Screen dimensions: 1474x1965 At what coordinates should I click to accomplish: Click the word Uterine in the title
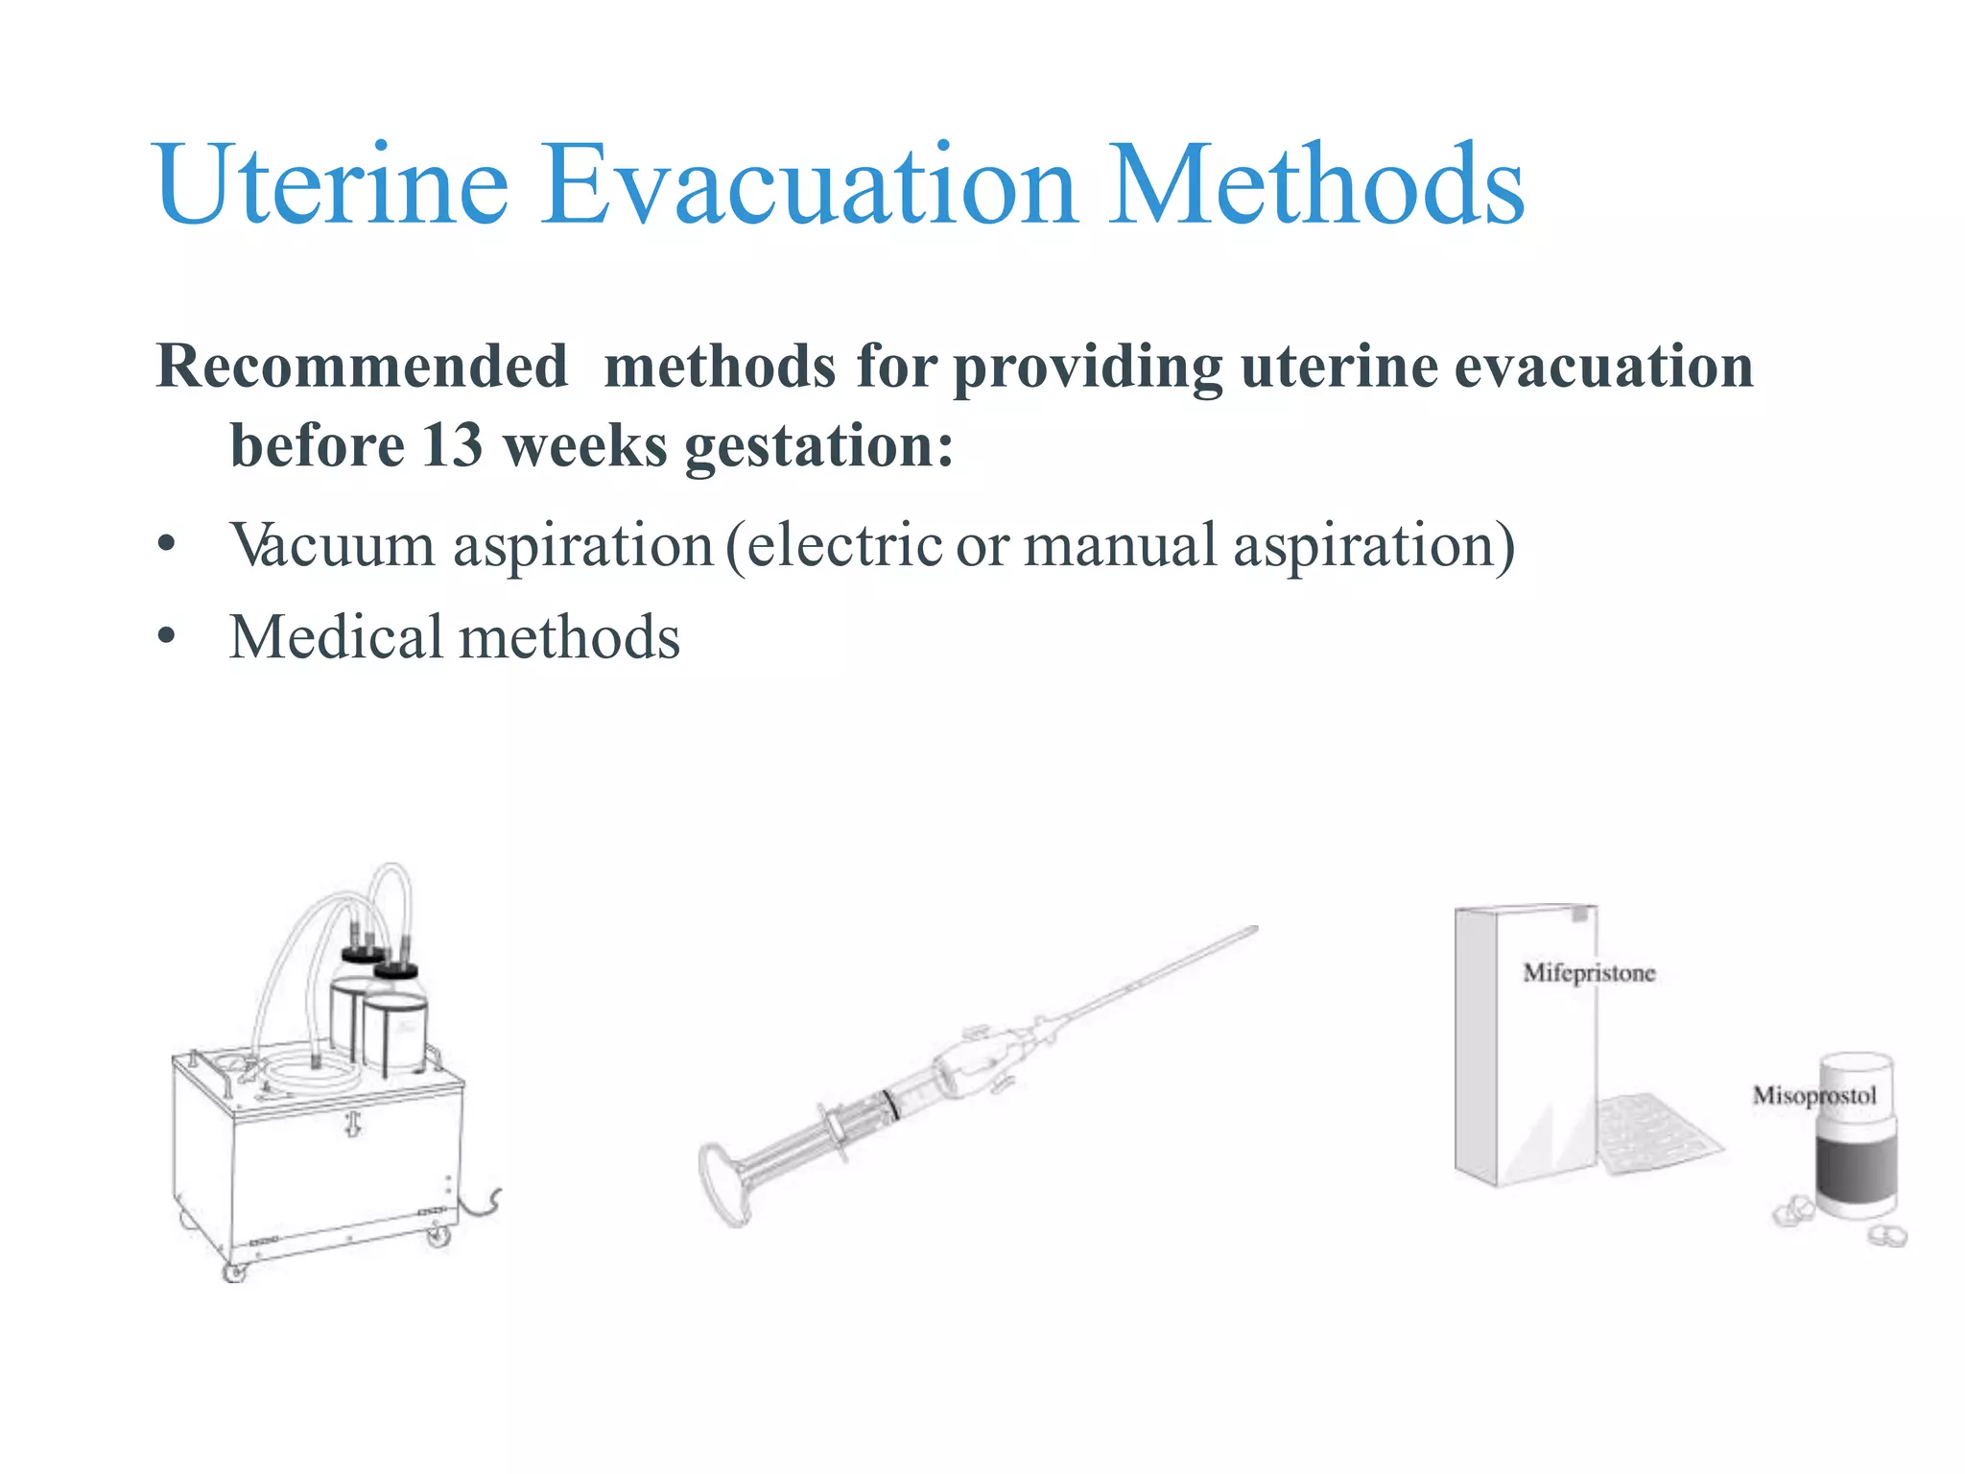click(331, 184)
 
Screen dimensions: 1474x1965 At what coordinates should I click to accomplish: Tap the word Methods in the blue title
click(1315, 184)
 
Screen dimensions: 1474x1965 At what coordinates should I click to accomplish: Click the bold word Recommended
click(362, 367)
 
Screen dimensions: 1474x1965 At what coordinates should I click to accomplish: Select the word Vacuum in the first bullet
click(332, 545)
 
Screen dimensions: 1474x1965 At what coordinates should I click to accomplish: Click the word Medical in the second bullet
click(335, 637)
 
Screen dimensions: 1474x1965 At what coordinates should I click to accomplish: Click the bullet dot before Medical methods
click(167, 637)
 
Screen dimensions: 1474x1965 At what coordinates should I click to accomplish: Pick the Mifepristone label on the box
click(1589, 973)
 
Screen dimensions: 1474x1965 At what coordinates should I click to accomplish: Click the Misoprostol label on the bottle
click(1813, 1096)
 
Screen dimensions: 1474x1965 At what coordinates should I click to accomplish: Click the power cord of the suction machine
click(484, 1205)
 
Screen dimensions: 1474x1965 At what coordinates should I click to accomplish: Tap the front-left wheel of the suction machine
click(233, 1272)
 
